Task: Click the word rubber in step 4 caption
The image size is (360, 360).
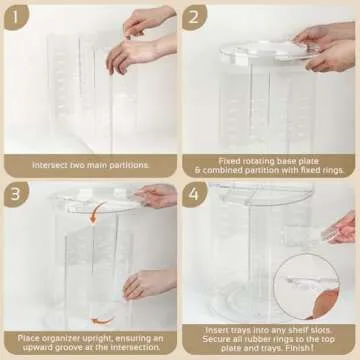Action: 261,340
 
